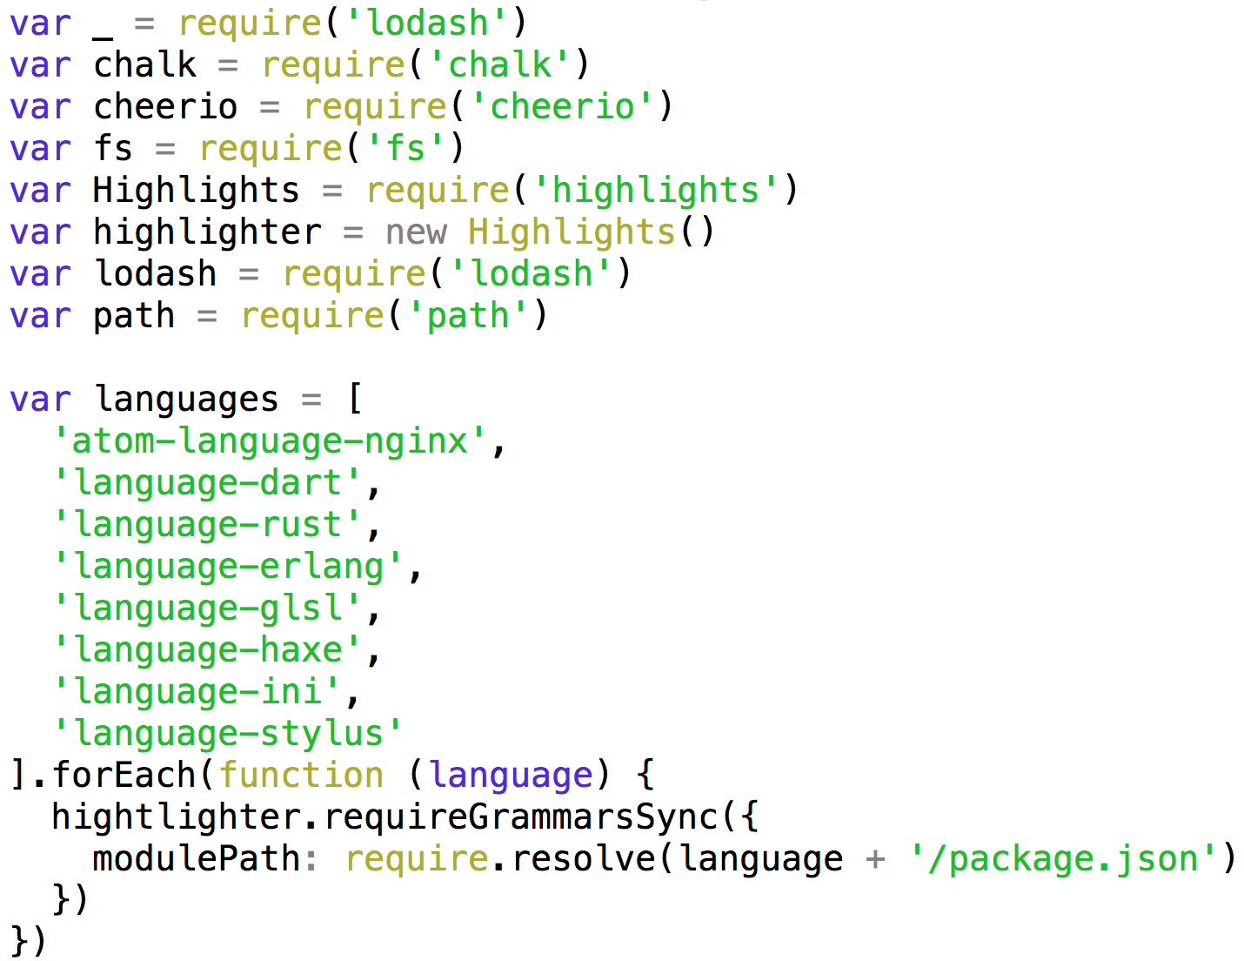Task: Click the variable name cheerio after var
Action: click(x=165, y=107)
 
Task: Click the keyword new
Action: click(x=416, y=232)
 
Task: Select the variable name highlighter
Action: click(x=207, y=232)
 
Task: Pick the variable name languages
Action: click(x=186, y=400)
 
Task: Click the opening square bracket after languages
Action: click(x=354, y=400)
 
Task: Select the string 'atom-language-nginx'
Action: click(x=270, y=441)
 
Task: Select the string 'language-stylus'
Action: click(x=228, y=734)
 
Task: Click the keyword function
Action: click(x=301, y=776)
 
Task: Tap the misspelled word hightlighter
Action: click(x=176, y=817)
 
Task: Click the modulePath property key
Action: click(x=197, y=859)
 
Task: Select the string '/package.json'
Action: click(x=1063, y=859)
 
